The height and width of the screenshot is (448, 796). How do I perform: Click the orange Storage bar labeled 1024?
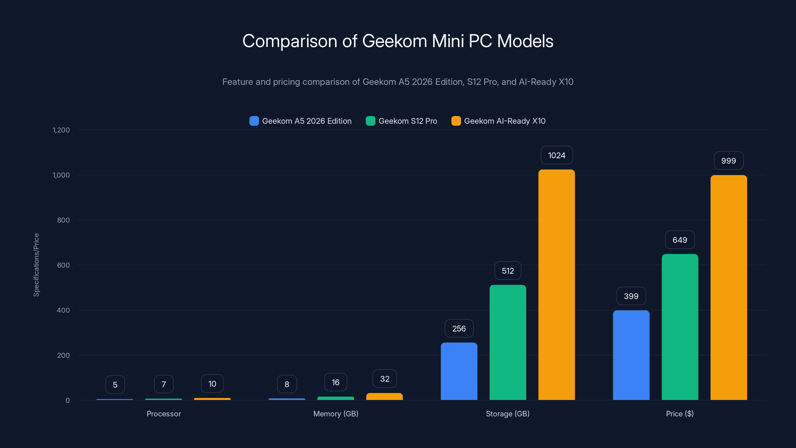click(x=556, y=284)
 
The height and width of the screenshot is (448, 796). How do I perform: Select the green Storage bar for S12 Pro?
click(x=508, y=342)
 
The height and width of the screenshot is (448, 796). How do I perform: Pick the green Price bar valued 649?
click(x=680, y=327)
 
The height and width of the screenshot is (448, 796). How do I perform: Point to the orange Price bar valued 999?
click(x=729, y=287)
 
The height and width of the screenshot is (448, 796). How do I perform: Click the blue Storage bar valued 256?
click(x=459, y=371)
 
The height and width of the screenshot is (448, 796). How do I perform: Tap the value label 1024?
click(x=556, y=155)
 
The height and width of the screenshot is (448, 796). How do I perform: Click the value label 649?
click(x=680, y=240)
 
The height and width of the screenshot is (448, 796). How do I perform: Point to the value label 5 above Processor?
click(x=115, y=385)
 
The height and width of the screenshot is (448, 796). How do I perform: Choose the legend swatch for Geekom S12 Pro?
click(x=370, y=121)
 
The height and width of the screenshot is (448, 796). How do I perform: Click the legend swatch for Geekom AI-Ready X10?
click(x=456, y=121)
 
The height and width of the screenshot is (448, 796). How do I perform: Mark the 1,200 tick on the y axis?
click(x=61, y=130)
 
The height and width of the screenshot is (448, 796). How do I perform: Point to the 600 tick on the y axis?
click(x=63, y=265)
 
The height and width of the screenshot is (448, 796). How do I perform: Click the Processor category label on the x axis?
click(x=163, y=414)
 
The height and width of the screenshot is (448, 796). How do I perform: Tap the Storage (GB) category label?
click(x=508, y=414)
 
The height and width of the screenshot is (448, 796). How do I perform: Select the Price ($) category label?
click(x=680, y=414)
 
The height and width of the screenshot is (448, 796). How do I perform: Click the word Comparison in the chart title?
click(x=290, y=41)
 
